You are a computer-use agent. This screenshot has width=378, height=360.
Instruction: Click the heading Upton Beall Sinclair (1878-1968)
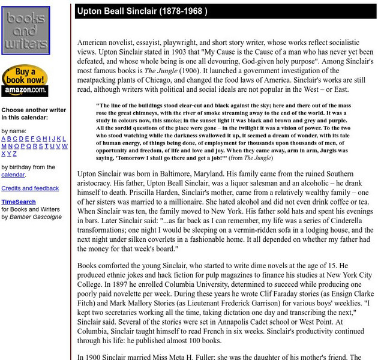point(142,11)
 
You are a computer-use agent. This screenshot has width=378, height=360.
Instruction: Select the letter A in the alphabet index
point(4,139)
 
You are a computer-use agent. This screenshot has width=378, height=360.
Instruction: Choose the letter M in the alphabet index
point(4,146)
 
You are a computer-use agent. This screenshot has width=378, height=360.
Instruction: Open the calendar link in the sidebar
point(13,175)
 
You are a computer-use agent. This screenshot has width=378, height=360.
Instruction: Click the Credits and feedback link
point(30,188)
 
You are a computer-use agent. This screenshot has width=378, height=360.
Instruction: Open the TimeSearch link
point(19,202)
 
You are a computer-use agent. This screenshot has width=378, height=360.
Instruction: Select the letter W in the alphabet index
point(65,146)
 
